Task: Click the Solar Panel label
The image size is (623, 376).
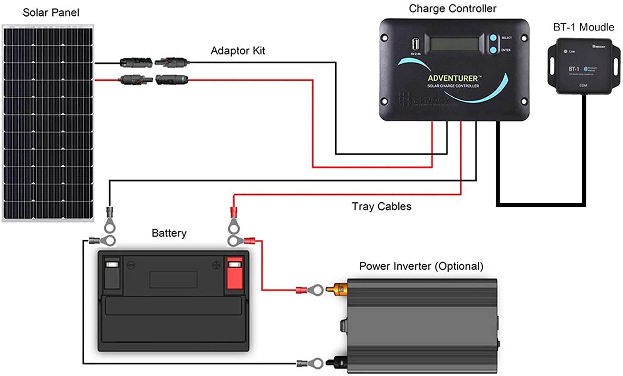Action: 51,13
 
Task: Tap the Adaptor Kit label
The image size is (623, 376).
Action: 238,51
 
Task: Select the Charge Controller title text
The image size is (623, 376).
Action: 452,9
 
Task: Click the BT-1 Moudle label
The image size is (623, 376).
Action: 584,27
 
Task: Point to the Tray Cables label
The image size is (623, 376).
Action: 381,206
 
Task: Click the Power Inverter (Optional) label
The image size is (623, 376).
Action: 421,266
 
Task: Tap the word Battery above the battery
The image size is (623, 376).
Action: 169,233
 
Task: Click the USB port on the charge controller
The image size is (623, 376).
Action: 415,44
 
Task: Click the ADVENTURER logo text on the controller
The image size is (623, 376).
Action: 453,78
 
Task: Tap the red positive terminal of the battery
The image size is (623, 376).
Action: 234,274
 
